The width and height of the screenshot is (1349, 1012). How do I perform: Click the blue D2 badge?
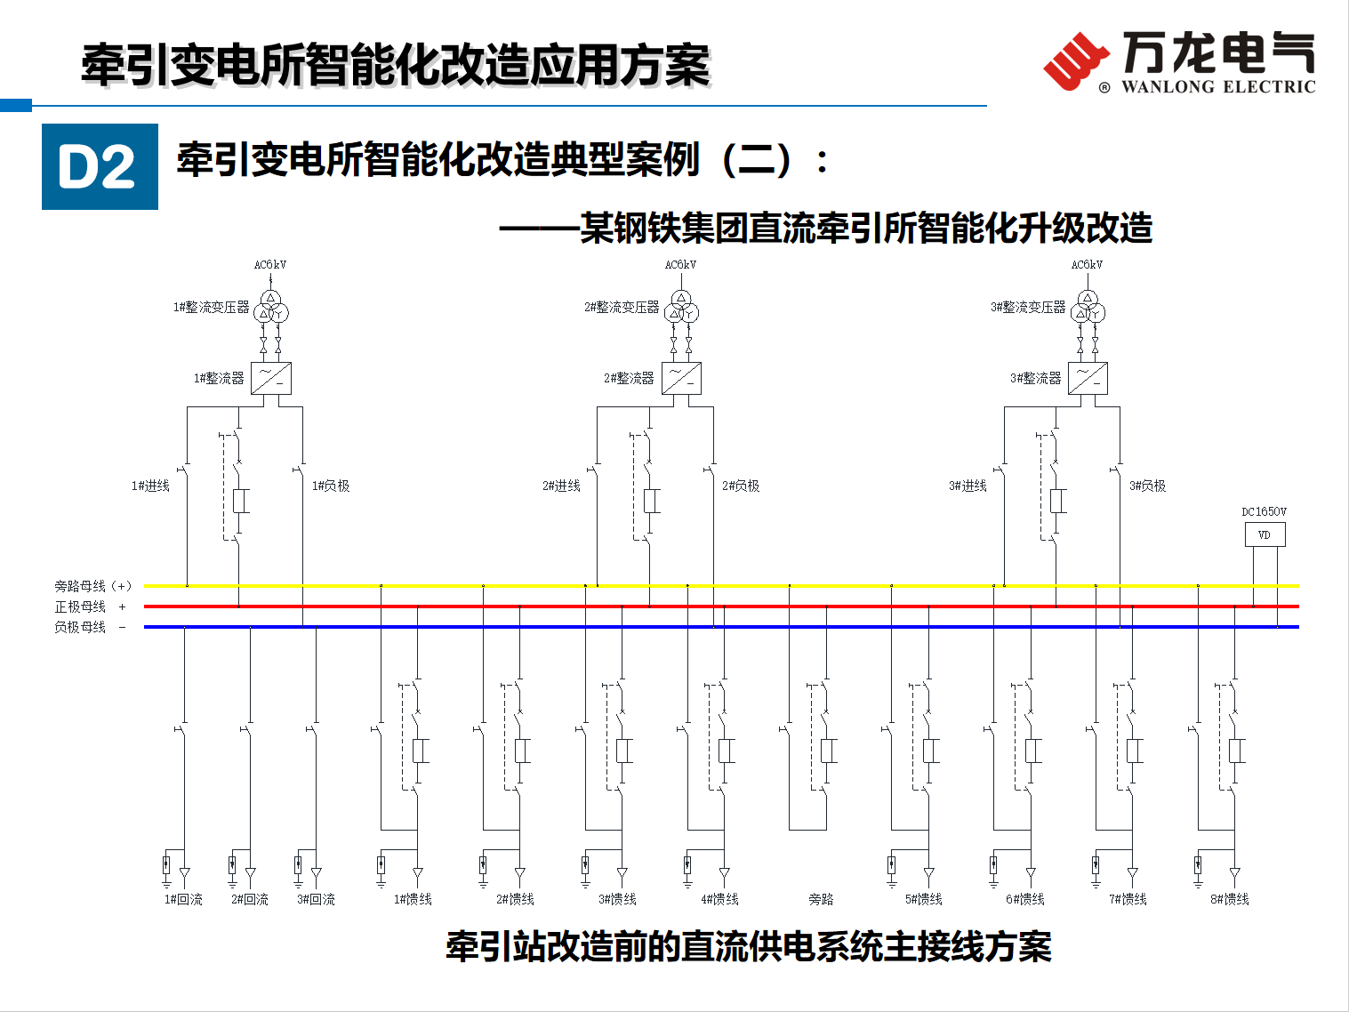(x=100, y=166)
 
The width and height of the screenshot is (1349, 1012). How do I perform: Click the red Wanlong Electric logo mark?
(x=1075, y=61)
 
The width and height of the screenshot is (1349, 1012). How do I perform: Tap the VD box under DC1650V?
(x=1265, y=534)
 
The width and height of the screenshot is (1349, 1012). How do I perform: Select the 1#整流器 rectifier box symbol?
(x=271, y=378)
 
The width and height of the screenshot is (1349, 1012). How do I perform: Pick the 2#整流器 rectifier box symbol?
(x=681, y=378)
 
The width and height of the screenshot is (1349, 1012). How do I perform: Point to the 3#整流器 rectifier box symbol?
(x=1088, y=378)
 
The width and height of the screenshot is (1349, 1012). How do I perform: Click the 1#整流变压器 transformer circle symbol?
(x=271, y=306)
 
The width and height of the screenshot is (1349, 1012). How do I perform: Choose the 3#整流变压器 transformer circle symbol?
(x=1088, y=306)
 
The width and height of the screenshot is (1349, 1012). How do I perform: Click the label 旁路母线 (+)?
(x=92, y=586)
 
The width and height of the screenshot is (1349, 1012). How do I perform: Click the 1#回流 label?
(x=183, y=900)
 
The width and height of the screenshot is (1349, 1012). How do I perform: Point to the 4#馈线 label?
(x=719, y=900)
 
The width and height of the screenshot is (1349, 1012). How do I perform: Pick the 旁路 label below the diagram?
(x=821, y=900)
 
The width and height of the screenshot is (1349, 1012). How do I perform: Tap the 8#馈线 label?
(x=1230, y=900)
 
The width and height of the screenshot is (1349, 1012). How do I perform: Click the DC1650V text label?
(x=1265, y=512)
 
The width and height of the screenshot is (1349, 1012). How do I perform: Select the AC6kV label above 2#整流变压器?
(x=680, y=265)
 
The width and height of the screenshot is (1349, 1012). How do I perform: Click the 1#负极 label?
(x=331, y=486)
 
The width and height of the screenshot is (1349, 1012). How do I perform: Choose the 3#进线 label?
(x=968, y=486)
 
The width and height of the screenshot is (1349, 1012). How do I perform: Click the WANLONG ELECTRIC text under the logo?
(x=1218, y=86)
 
